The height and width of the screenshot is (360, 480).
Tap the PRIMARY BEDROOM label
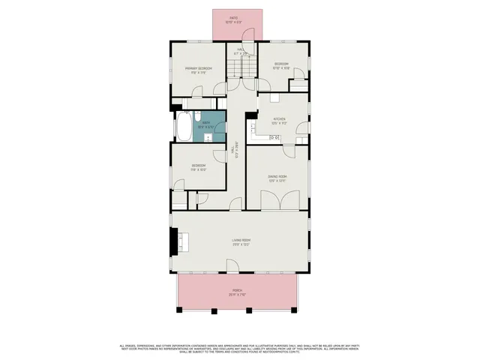tap(199, 69)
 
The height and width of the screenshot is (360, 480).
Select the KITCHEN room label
tap(279, 118)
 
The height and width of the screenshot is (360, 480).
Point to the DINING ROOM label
tap(278, 177)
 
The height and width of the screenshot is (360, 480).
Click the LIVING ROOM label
tap(241, 240)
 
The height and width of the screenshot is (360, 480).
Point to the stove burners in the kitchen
tap(274, 137)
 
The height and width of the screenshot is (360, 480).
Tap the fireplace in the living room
tap(175, 241)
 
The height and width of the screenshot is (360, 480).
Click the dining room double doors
tap(278, 199)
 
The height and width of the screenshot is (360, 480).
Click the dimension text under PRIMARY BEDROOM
tap(199, 73)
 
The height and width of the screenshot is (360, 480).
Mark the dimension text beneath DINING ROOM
tap(278, 181)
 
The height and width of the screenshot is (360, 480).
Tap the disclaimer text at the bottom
tap(240, 348)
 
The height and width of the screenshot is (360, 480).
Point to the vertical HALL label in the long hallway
tap(237, 151)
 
